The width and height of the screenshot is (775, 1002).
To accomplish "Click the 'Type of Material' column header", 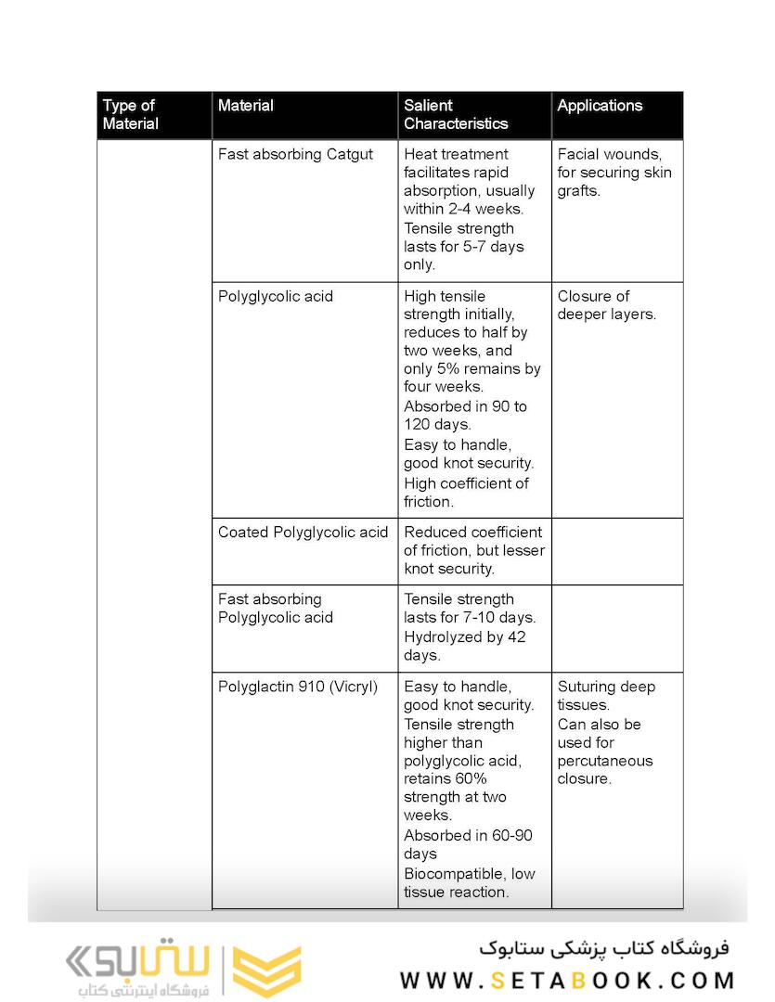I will click(130, 115).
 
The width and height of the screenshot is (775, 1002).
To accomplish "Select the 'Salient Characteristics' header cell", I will click(456, 115).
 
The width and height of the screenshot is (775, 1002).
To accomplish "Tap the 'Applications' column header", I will click(600, 106).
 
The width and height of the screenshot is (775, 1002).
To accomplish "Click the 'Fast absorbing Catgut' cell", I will click(295, 154).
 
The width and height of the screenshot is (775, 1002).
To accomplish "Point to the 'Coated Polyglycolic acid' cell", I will click(303, 533).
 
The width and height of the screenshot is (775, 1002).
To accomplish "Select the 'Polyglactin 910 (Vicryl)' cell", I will click(298, 687).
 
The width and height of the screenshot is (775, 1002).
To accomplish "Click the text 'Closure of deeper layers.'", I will click(606, 305).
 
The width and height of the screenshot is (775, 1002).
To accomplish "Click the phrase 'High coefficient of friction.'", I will click(466, 493).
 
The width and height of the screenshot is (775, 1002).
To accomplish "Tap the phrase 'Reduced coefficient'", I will click(472, 533).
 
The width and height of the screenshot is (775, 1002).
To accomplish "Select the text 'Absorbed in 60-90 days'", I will click(468, 844).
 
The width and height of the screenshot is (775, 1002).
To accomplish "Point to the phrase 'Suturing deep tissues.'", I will click(606, 696).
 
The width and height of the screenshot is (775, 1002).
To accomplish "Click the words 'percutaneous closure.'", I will click(605, 770).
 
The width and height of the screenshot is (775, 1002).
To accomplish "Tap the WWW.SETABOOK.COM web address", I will click(567, 981).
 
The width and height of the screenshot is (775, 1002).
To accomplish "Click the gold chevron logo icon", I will click(266, 970).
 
